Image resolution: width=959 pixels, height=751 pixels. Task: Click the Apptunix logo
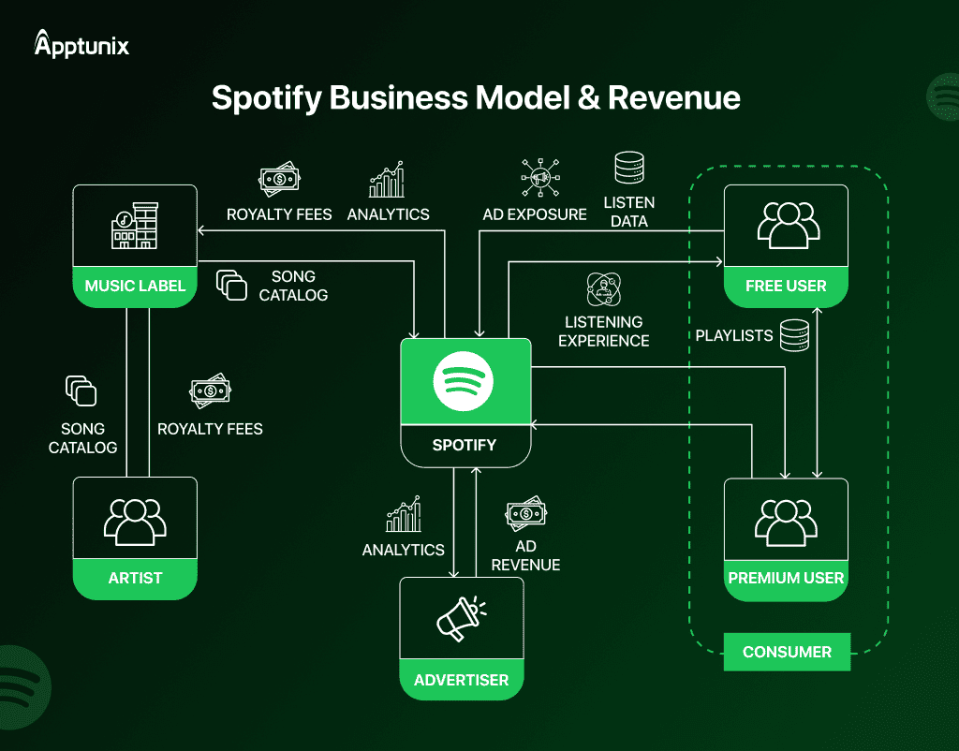(81, 44)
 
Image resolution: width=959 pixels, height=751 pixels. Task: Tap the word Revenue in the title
(674, 97)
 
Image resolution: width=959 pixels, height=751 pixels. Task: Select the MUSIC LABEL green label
(135, 286)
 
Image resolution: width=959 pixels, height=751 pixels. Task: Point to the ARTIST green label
(135, 578)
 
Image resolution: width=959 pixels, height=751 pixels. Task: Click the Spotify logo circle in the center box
(464, 380)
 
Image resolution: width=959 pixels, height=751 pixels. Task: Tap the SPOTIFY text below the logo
(465, 445)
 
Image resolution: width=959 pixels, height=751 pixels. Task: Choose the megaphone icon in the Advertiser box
(460, 619)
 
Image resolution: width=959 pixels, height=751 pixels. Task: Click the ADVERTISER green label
(461, 680)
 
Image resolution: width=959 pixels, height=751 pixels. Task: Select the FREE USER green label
(786, 286)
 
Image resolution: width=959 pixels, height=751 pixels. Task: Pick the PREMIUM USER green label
(786, 578)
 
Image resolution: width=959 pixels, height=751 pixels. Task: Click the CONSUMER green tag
(787, 652)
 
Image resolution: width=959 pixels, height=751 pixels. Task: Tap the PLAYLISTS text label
(734, 335)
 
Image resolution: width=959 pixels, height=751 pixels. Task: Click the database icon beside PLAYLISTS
(794, 335)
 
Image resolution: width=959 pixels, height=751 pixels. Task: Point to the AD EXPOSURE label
(535, 214)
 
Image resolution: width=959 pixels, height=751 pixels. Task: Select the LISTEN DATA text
(628, 212)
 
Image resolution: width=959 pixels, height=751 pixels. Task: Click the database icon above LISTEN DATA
(628, 168)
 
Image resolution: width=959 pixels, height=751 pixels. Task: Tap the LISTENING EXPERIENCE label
(604, 331)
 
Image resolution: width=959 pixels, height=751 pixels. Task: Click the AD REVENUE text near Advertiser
(525, 555)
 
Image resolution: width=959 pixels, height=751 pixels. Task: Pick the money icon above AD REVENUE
(525, 513)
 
